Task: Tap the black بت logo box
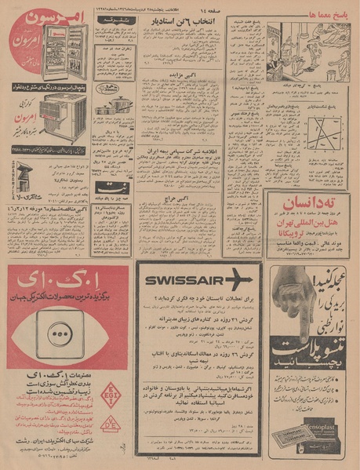pos(111,187)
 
